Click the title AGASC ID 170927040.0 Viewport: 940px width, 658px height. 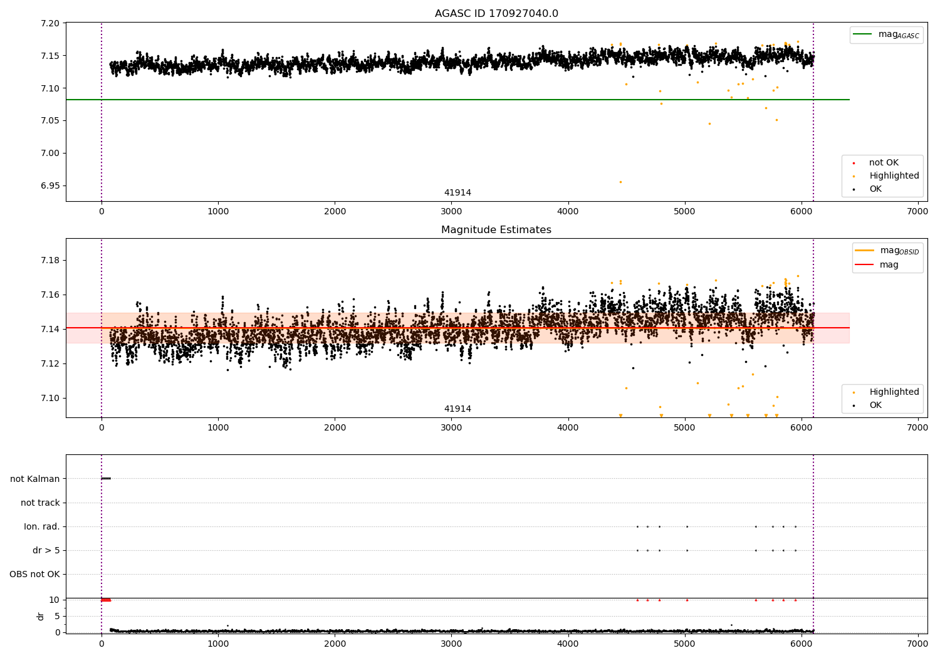(496, 14)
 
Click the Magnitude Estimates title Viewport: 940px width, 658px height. (496, 230)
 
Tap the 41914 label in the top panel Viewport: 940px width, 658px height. (457, 193)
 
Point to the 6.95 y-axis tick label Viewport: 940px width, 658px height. (50, 185)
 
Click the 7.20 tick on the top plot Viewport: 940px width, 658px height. (50, 23)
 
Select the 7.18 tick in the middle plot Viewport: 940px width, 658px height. (50, 261)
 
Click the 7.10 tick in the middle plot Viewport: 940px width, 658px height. (50, 399)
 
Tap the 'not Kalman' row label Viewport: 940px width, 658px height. (35, 479)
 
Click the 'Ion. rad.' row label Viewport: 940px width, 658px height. (42, 526)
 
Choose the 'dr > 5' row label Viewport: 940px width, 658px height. (46, 550)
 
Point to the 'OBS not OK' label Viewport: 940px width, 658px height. (34, 574)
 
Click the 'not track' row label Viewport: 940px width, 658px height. (40, 503)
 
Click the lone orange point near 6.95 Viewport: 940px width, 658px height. (620, 182)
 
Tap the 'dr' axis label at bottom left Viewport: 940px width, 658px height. (41, 616)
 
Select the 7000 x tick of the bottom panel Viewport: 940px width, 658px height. (917, 644)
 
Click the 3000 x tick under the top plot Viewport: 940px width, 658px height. (451, 212)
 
